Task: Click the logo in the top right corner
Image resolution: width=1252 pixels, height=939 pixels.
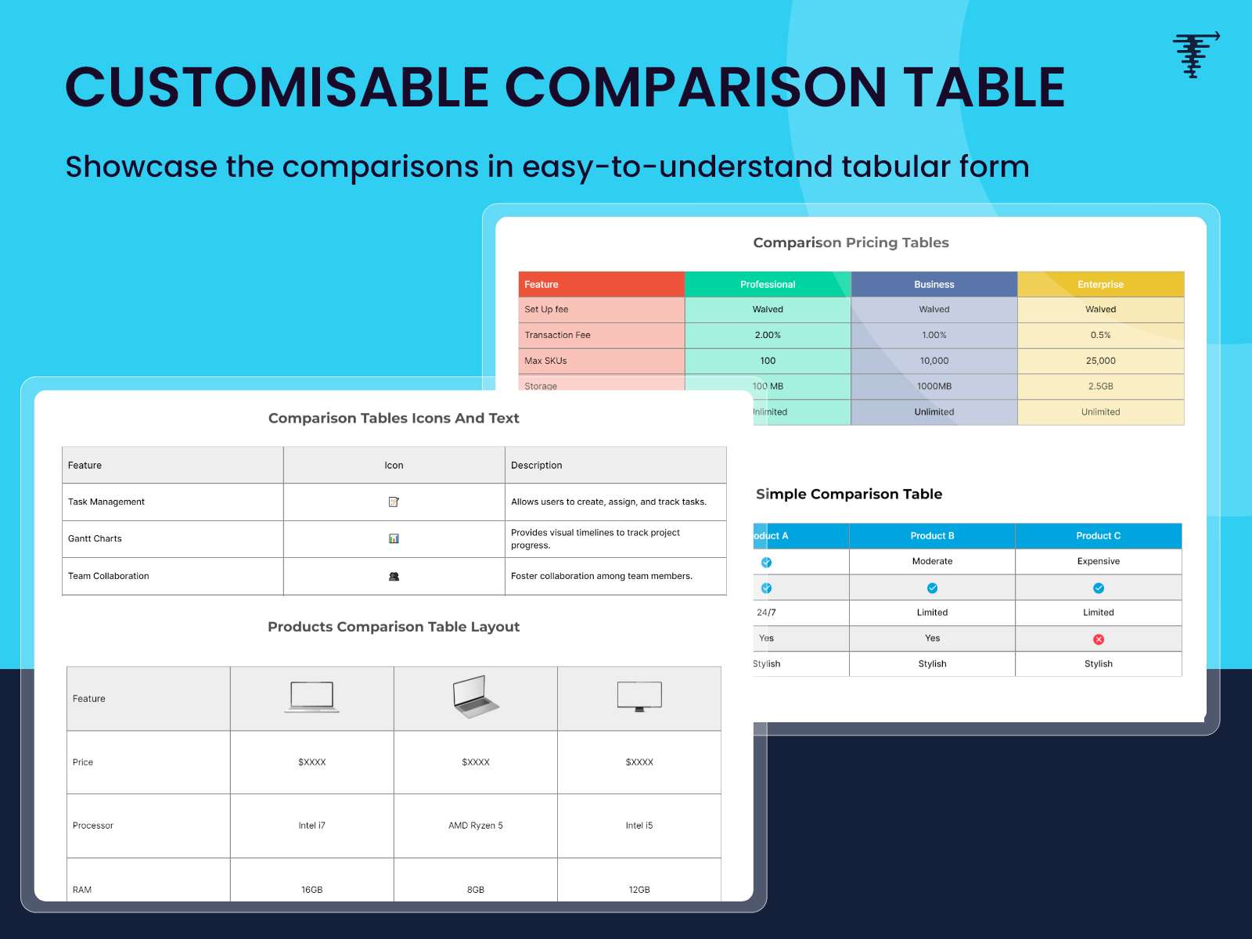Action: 1195,55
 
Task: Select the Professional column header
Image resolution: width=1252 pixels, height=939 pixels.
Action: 768,284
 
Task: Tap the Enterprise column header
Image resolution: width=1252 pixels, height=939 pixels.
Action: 1100,284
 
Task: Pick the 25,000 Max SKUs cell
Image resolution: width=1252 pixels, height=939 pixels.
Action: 1100,361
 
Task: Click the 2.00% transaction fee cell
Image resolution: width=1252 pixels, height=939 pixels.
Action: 768,335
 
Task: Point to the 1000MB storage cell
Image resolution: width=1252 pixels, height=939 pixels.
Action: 934,387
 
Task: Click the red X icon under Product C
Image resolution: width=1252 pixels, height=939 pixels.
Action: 1099,639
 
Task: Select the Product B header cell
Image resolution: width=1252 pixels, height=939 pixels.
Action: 932,536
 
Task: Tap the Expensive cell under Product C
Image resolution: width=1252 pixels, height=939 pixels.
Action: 1098,561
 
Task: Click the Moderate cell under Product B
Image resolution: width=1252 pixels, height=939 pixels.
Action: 932,561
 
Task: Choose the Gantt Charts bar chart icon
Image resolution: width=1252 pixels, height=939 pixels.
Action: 394,538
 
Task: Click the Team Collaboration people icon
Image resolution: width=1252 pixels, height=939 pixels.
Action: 394,576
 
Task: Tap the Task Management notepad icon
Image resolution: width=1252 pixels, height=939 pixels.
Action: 394,502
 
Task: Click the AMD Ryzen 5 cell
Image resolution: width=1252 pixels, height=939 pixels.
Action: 476,826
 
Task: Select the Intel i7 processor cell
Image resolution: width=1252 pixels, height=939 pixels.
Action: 311,826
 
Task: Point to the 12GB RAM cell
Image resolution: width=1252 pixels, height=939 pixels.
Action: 639,890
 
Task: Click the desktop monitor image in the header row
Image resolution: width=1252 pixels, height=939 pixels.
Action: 639,696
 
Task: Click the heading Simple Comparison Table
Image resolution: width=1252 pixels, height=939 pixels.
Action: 849,494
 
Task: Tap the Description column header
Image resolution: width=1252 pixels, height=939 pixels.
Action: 537,465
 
